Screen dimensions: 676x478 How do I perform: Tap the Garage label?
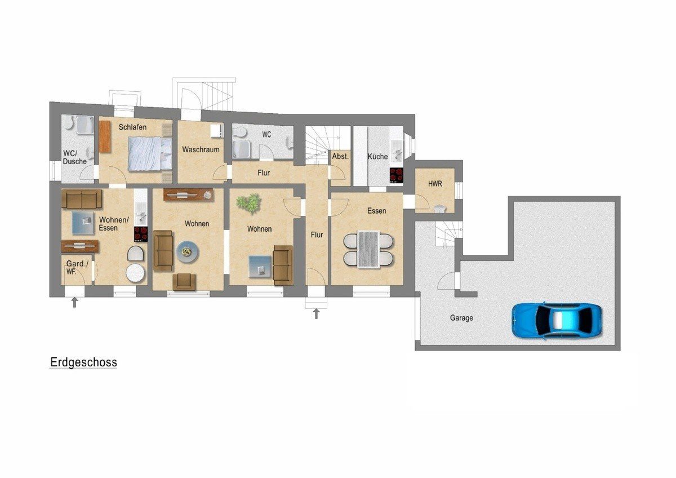(461, 318)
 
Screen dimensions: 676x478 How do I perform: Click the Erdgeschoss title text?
(83, 362)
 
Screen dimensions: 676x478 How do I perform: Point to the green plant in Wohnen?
(248, 203)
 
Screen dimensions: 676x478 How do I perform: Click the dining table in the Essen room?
(368, 249)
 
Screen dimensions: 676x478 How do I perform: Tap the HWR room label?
(435, 184)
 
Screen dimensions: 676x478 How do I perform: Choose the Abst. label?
(340, 156)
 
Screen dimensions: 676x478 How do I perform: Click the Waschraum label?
(201, 149)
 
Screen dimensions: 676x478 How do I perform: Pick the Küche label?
(377, 156)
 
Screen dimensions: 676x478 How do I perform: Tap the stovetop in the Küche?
(396, 175)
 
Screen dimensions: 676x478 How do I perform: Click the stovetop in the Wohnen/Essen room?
(141, 234)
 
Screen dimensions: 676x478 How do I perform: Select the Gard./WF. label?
(77, 268)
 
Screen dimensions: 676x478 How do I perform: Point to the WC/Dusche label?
(74, 157)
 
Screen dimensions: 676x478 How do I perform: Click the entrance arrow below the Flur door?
(316, 314)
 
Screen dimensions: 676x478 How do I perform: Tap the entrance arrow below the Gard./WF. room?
(74, 303)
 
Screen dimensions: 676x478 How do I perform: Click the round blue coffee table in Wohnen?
(188, 251)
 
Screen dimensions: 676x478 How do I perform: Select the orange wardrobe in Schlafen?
(104, 136)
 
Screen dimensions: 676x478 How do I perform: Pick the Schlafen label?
(132, 127)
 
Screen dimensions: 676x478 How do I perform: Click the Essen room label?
(377, 211)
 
